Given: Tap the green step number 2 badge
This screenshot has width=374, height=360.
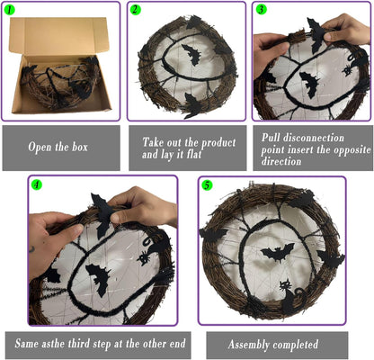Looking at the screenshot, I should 136,10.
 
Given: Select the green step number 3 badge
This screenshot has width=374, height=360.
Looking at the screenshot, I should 261,10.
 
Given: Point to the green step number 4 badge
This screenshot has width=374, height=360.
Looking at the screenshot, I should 37,184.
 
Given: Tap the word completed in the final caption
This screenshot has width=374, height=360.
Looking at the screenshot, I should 298,343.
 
